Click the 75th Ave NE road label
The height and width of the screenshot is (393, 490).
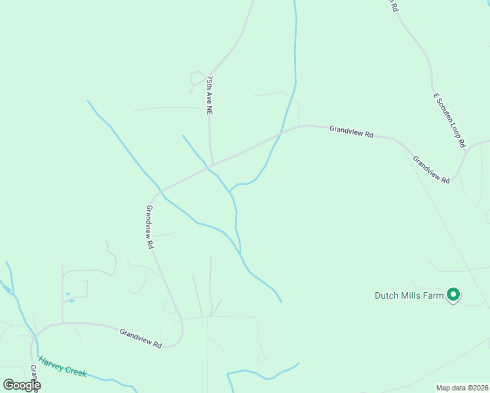click(210, 96)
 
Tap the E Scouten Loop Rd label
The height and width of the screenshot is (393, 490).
click(449, 119)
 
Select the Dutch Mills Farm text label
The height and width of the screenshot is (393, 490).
click(409, 295)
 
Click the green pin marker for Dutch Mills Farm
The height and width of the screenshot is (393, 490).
click(453, 295)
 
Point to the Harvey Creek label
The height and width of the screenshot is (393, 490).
click(62, 366)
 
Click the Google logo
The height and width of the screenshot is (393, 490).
click(22, 385)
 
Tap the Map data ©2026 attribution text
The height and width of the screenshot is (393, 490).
click(462, 388)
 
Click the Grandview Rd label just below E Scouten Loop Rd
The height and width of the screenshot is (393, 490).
click(431, 169)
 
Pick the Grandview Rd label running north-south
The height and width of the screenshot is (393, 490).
click(150, 227)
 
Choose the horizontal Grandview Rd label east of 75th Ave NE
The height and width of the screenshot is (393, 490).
click(351, 131)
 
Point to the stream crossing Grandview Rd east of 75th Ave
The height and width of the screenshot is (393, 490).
click(281, 134)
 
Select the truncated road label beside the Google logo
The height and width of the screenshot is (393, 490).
click(34, 379)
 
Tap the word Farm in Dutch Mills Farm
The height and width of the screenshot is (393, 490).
click(434, 295)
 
